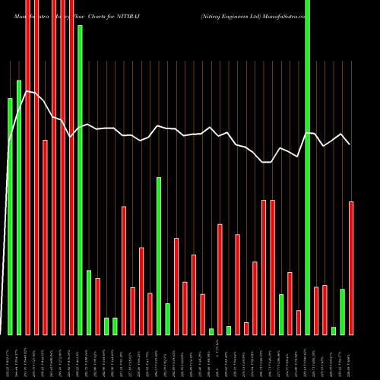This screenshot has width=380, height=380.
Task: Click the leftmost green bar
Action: pos(10,217)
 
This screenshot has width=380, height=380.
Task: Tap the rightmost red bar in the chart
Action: pos(351,268)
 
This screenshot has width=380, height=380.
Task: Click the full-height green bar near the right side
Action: pos(307,167)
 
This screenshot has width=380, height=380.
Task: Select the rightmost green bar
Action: pos(343,312)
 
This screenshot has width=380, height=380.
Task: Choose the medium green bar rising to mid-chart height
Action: pos(159,255)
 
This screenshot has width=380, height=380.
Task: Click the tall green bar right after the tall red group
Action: pos(80,179)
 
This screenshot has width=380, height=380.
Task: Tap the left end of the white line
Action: pos(8,144)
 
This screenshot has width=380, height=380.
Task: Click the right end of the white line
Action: pos(350,144)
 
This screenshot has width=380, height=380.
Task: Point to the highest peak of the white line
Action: pos(27,91)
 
